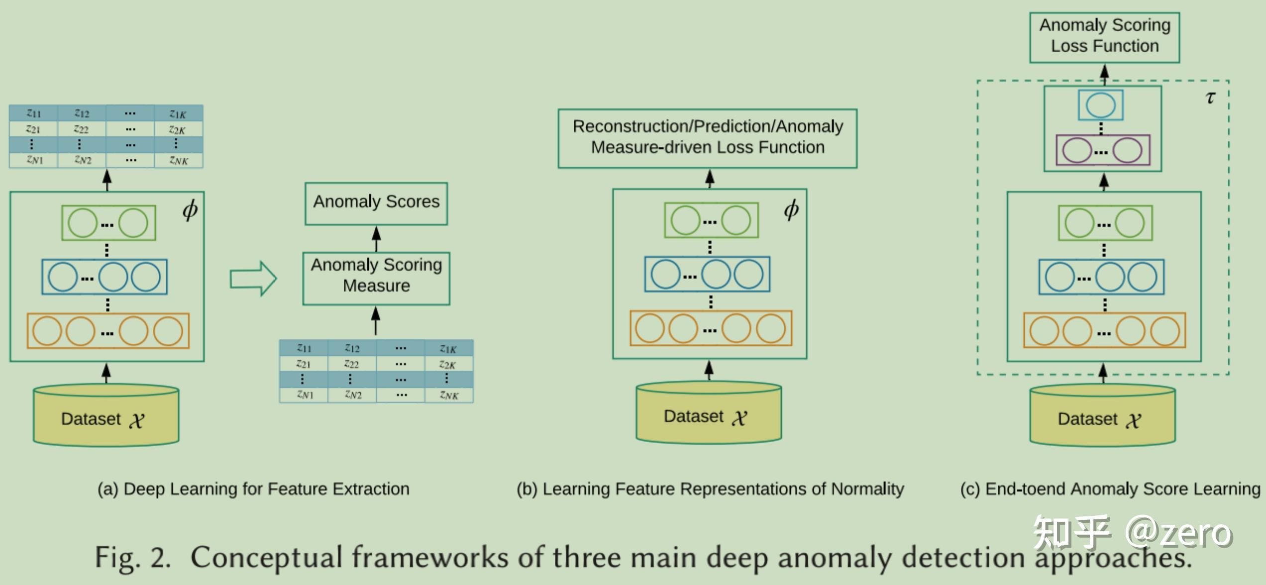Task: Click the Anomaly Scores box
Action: click(376, 203)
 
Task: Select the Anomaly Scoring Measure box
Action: click(376, 278)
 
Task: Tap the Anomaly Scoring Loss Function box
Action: click(1104, 37)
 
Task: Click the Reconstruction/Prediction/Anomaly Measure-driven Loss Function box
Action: click(707, 138)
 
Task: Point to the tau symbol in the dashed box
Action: click(1210, 97)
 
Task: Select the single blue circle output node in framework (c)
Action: click(1100, 105)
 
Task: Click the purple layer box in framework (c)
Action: click(1102, 150)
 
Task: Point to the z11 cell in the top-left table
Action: click(33, 113)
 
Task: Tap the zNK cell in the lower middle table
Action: click(449, 395)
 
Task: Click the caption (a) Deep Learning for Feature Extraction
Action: click(253, 489)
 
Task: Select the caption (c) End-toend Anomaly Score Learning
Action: click(1110, 489)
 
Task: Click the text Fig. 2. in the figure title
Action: click(132, 557)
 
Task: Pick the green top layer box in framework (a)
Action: click(108, 223)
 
